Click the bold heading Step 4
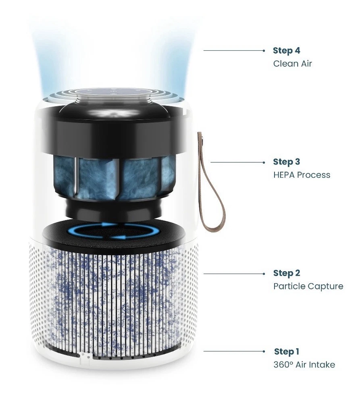tap(287, 51)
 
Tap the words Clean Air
tap(292, 64)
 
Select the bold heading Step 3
tap(287, 162)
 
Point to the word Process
tap(314, 175)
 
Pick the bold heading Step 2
tap(287, 273)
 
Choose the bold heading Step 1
tap(287, 351)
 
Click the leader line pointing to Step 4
tap(234, 51)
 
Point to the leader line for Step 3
tap(237, 162)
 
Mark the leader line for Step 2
tap(234, 274)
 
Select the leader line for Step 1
tap(234, 351)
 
